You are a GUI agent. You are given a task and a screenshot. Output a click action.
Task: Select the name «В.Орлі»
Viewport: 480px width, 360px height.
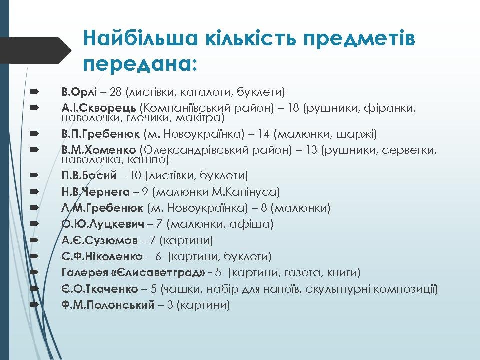point(79,92)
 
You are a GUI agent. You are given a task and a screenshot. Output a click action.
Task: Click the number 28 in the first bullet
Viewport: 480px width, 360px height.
point(115,92)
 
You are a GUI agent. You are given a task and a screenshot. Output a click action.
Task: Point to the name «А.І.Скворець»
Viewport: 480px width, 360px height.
point(99,108)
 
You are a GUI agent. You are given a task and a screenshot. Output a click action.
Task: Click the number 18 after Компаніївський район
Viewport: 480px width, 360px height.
point(293,108)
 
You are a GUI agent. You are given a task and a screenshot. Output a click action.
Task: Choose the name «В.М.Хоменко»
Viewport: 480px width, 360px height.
point(99,150)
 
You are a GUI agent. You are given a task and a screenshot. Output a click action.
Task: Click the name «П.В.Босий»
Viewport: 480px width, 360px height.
point(89,175)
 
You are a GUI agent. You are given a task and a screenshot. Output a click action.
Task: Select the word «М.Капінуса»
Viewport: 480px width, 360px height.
point(246,192)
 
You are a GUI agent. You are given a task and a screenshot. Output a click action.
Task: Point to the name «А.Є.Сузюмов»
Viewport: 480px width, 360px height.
point(100,240)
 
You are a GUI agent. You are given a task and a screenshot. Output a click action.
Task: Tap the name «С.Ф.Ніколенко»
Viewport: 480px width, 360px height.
point(102,256)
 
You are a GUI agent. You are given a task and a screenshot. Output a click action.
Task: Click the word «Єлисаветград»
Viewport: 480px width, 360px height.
point(159,272)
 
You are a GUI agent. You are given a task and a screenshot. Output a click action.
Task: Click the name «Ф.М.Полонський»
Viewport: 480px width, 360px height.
point(108,305)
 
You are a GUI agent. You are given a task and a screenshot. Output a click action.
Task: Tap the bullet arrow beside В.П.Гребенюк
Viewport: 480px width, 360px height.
point(34,134)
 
